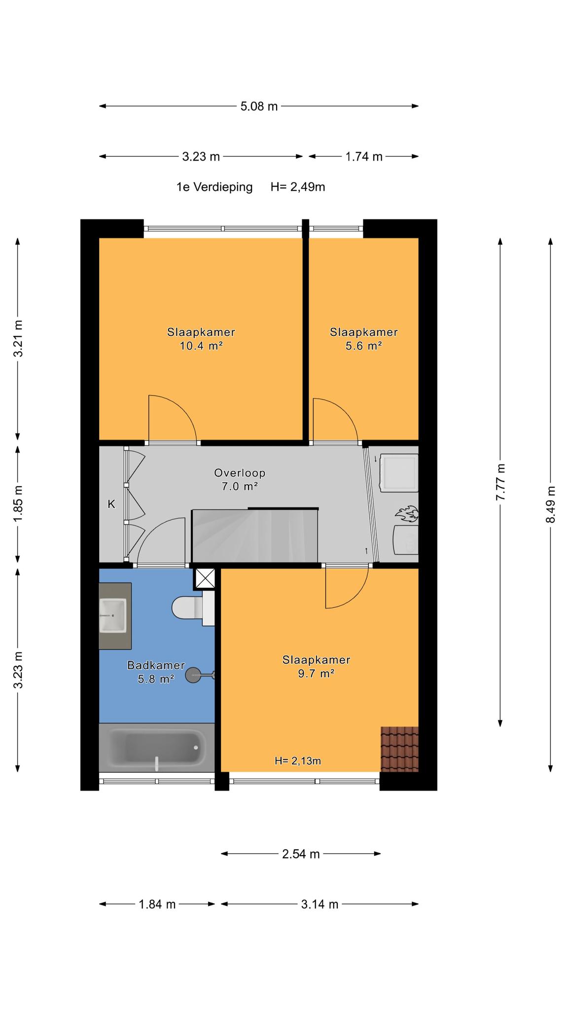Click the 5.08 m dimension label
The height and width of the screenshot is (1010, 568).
[x=259, y=106]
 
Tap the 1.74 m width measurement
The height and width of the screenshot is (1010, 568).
[x=364, y=157]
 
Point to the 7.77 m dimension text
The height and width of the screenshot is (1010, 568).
[x=500, y=482]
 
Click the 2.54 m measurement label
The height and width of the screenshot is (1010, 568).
[x=301, y=854]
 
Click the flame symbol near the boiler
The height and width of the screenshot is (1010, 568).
[x=407, y=514]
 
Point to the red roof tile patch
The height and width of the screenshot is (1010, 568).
[x=400, y=749]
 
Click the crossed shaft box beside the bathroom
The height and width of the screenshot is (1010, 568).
[x=205, y=578]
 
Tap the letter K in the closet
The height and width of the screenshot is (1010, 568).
[x=111, y=504]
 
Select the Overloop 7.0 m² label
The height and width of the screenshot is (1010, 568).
[x=240, y=479]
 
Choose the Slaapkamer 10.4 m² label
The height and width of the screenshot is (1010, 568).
[x=201, y=339]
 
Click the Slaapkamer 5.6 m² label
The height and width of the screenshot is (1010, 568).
[x=364, y=339]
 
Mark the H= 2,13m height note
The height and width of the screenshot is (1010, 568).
[x=298, y=761]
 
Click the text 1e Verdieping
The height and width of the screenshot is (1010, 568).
[x=214, y=187]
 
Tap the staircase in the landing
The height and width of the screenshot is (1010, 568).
[x=255, y=536]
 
